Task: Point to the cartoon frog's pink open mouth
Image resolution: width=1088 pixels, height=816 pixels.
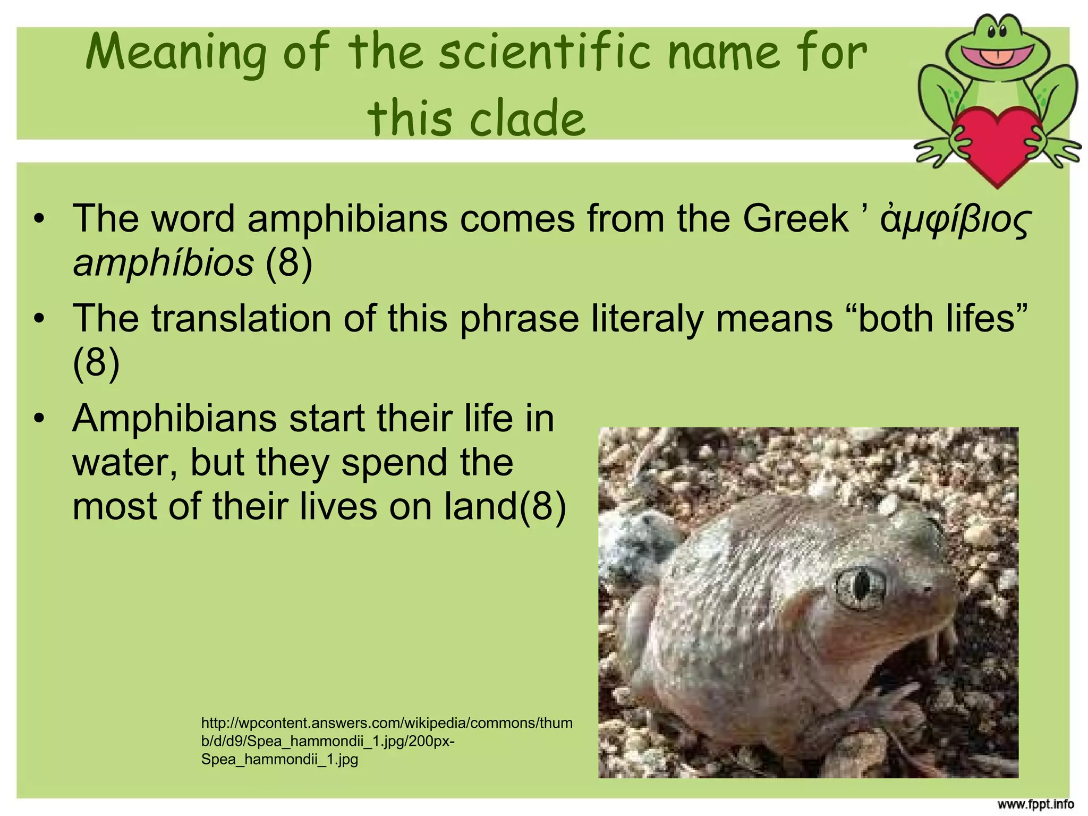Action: [998, 54]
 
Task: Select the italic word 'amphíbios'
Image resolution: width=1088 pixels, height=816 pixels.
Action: [163, 262]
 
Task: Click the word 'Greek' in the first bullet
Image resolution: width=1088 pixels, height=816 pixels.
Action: [795, 218]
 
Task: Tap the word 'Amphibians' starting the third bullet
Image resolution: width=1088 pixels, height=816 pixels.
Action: [174, 419]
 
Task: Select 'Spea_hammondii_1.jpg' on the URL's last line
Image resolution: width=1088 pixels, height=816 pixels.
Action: [279, 759]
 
